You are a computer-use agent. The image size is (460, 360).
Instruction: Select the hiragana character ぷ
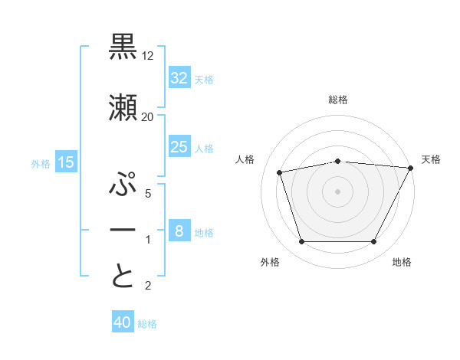click(x=123, y=185)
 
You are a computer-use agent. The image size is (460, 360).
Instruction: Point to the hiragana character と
click(x=123, y=276)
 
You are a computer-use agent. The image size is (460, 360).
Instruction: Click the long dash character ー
click(x=123, y=231)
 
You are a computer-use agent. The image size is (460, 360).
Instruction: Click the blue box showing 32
click(x=179, y=78)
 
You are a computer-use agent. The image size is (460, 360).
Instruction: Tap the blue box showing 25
click(x=179, y=147)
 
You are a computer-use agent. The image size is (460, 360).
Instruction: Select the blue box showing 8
click(x=179, y=231)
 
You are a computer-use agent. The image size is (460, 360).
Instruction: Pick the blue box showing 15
click(x=65, y=162)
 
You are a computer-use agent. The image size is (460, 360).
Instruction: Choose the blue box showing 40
click(x=123, y=322)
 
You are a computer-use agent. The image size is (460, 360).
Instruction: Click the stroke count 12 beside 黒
click(x=148, y=57)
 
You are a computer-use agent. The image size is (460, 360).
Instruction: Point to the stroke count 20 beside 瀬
click(x=147, y=116)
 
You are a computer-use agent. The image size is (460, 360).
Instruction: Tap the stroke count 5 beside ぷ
click(x=147, y=195)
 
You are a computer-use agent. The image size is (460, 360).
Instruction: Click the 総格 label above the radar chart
click(x=338, y=100)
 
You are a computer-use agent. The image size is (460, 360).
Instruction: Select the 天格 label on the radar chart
click(x=431, y=159)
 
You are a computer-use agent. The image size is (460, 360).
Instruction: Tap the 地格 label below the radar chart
click(x=402, y=262)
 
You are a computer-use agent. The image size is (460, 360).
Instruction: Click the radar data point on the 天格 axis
click(x=410, y=168)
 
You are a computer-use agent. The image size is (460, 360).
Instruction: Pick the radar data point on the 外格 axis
click(x=301, y=242)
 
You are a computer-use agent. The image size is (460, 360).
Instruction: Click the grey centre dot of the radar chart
click(x=338, y=191)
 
